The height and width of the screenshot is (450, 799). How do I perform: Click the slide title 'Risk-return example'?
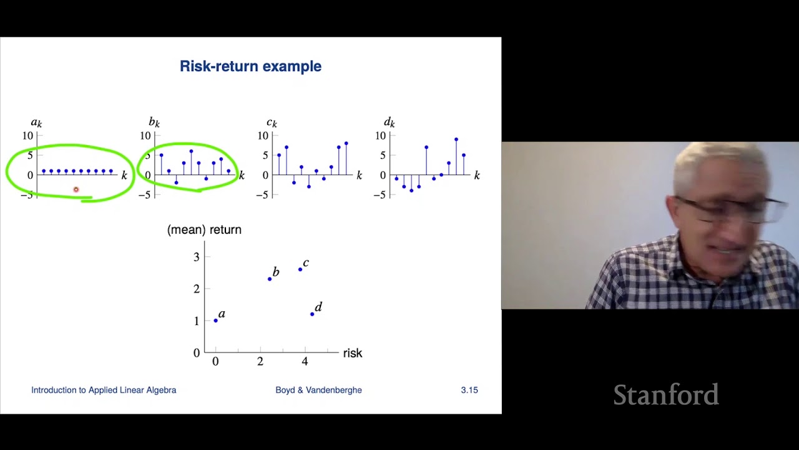250,66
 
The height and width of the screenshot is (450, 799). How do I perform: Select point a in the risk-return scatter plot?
216,321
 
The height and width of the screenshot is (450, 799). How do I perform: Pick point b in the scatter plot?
270,279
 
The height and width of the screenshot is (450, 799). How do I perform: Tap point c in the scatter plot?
300,269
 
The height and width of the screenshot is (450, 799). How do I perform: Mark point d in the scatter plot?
312,314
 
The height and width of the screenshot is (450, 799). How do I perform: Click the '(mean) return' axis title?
204,230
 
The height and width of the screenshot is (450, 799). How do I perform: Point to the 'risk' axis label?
352,353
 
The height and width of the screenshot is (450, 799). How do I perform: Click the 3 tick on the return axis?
197,257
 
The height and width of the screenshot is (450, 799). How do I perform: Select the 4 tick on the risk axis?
305,362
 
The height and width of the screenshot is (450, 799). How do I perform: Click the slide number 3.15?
469,390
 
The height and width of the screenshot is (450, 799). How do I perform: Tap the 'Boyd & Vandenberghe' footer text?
318,390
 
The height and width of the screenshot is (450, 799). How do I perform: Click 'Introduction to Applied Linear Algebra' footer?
104,390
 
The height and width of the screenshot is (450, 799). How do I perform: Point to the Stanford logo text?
665,395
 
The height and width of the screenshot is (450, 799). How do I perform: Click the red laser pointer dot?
76,189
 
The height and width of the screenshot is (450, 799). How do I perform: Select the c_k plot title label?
272,123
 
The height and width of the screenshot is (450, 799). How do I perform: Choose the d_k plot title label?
389,122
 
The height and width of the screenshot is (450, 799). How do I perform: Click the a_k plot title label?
36,123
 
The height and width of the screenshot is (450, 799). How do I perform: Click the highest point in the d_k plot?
456,139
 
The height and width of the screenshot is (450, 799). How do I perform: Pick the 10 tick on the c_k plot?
263,136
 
